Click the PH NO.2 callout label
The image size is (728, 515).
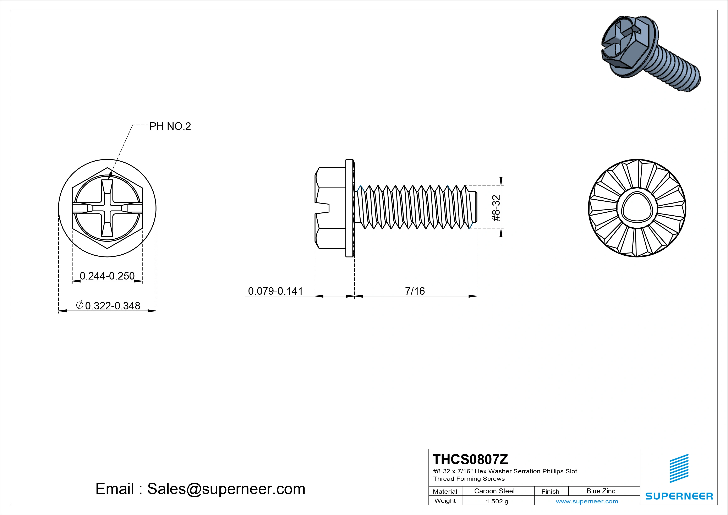pos(170,126)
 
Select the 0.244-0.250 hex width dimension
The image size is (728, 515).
pos(107,276)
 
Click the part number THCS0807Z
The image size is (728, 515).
pos(470,459)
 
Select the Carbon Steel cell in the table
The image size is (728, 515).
pos(494,491)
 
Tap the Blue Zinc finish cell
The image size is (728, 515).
pos(601,491)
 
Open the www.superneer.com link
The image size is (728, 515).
pos(587,501)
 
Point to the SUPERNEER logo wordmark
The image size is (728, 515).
pos(679,496)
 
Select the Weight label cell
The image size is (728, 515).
pos(445,501)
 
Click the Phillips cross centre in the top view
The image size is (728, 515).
pos(107,208)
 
